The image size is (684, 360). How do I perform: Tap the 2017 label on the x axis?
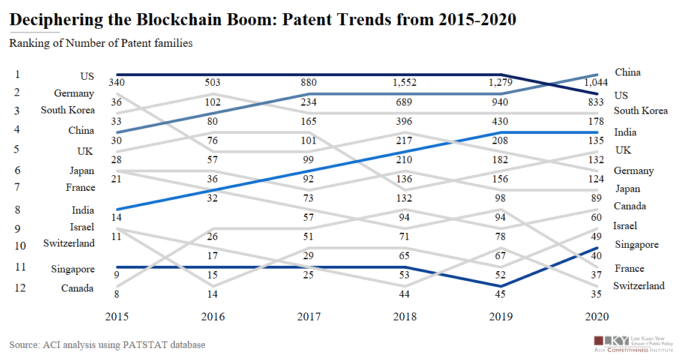coord(308,317)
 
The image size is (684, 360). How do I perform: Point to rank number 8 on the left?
coord(17,209)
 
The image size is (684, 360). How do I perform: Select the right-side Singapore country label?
coord(637,245)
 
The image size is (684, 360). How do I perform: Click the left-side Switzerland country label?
coord(69,243)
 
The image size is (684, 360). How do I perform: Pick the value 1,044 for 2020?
coord(597,83)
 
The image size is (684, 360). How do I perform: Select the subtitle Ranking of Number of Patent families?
coord(101,43)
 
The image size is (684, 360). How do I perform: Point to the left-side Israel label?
coord(82,227)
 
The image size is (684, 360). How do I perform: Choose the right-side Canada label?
coord(630,206)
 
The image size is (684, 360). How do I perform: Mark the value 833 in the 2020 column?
coord(597,103)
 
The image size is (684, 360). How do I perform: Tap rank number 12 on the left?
coord(20,287)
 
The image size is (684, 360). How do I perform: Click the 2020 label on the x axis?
coord(597,317)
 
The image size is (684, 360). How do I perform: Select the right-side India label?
coord(625,132)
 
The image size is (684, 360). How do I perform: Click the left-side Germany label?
coord(74,93)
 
